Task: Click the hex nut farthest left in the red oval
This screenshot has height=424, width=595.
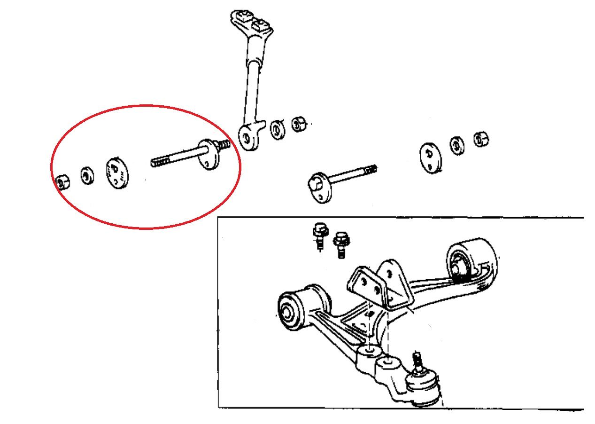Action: click(x=62, y=181)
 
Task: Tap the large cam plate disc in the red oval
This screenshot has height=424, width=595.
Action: click(x=117, y=172)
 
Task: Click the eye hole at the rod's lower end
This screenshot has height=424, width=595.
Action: click(x=246, y=137)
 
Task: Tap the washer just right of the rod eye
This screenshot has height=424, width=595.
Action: click(x=278, y=130)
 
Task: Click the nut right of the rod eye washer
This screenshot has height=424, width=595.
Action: click(x=298, y=124)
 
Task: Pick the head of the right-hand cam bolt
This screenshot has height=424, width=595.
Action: click(x=319, y=187)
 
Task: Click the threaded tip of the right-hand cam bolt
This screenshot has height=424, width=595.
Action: click(x=371, y=168)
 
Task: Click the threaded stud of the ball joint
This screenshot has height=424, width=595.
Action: click(x=417, y=361)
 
